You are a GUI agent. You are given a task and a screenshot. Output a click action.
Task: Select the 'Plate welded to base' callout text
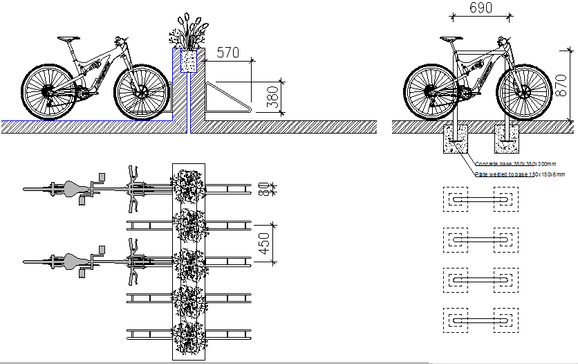519,174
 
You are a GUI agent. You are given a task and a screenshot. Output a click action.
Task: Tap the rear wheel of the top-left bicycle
48,91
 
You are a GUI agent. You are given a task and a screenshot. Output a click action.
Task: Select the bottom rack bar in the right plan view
481,319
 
